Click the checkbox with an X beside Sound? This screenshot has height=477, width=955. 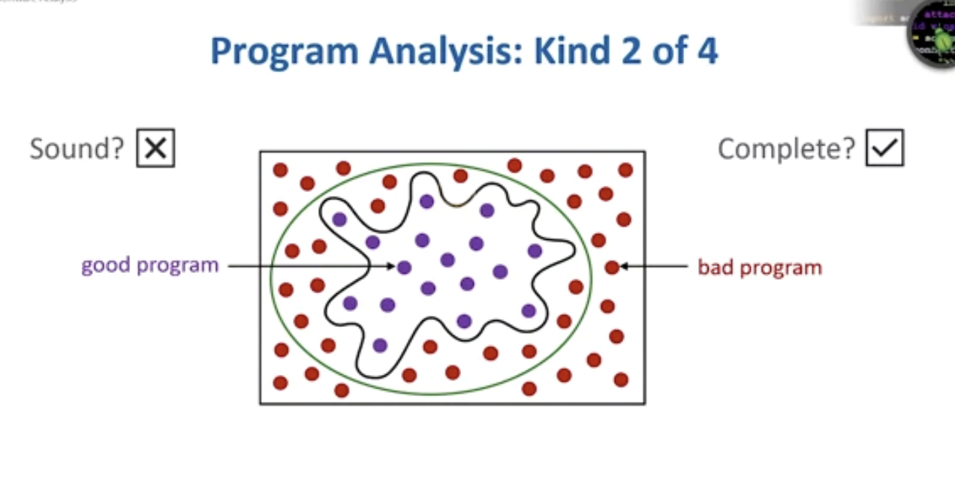coord(155,148)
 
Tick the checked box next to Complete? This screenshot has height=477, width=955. coord(885,148)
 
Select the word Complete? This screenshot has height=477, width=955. coord(786,148)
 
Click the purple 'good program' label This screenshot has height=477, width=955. coord(149,265)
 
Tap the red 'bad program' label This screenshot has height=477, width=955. coord(760,267)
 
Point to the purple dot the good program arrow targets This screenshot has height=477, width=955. coord(404,267)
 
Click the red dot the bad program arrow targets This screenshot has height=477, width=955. coord(612,267)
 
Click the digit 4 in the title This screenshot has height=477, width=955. coord(706,52)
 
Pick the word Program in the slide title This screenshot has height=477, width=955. coord(283,52)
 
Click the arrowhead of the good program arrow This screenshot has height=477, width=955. coord(391,266)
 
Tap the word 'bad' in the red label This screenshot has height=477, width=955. coord(715,267)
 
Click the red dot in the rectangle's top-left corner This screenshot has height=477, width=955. coord(280,170)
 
